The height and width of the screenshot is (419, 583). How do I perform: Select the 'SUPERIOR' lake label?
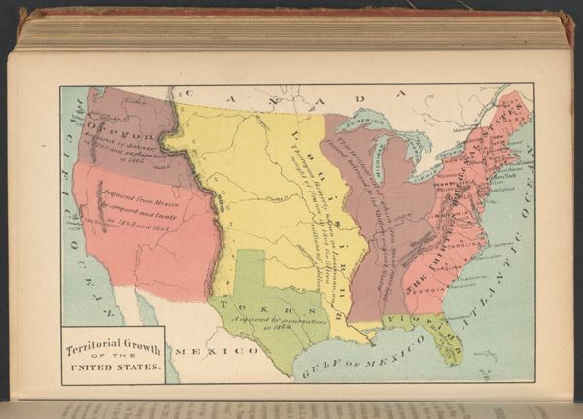coord(381,124)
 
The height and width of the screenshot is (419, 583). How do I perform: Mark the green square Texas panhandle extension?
coord(250,267)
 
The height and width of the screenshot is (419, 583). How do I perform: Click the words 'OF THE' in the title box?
coord(113,359)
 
